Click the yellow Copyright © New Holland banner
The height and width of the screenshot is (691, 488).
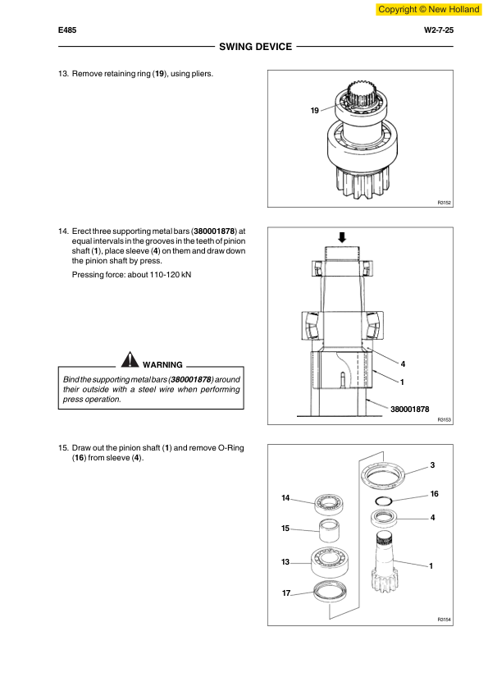(427, 9)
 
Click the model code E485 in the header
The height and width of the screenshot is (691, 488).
(68, 30)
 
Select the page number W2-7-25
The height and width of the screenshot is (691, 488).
(438, 30)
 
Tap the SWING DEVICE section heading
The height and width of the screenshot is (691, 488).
(255, 47)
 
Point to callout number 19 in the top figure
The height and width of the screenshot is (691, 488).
(315, 111)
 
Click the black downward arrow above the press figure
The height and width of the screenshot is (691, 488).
(342, 237)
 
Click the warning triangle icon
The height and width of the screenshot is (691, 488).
(130, 359)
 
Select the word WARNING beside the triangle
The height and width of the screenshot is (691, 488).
(162, 364)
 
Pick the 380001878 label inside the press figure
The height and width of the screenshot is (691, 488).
(409, 408)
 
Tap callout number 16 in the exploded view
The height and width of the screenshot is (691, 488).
(435, 494)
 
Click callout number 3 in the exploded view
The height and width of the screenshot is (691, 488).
(432, 466)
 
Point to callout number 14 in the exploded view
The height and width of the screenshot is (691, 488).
(285, 498)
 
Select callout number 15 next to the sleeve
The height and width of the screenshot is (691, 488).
(285, 529)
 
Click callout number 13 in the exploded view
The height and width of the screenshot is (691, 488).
(285, 561)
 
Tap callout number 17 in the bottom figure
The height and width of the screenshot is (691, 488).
(285, 593)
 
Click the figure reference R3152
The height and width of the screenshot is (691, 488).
(445, 202)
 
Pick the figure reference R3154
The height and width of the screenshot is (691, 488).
(445, 620)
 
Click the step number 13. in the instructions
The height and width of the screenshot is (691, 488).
(63, 74)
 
